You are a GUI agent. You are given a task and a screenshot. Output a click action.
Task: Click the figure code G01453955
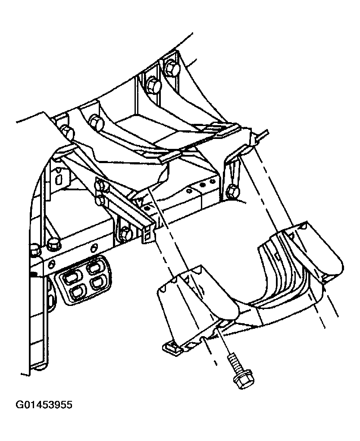coord(44,405)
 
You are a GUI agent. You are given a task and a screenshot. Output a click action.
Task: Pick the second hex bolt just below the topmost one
coord(153,84)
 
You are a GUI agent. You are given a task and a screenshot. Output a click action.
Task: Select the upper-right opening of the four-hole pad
coord(94,267)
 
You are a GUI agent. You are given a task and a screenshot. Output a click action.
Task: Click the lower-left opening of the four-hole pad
coord(78,293)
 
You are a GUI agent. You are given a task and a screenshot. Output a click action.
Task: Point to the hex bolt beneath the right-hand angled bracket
coord(232,192)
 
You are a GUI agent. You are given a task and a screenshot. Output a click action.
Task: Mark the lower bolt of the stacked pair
coord(100,200)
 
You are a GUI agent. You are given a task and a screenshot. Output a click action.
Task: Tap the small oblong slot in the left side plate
coord(58,180)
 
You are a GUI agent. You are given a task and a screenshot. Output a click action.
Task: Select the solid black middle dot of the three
coord(202,185)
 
